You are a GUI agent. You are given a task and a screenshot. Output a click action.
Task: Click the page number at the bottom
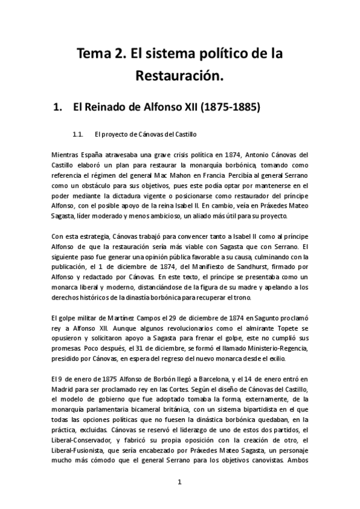(x=180, y=483)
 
